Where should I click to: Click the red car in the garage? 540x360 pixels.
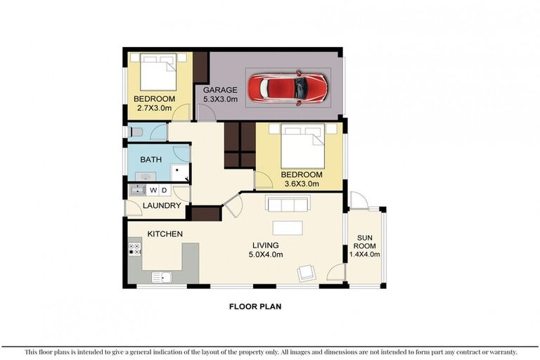[x=293, y=88]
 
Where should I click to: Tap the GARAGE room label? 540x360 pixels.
[x=220, y=91]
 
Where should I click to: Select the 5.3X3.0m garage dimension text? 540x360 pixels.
[x=220, y=101]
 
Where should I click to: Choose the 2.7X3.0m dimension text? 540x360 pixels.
[x=154, y=109]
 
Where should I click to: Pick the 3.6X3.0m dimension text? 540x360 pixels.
[x=301, y=184]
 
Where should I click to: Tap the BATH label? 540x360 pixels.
[x=150, y=160]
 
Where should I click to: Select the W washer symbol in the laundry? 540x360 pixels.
[x=153, y=191]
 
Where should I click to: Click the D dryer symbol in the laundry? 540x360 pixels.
[x=164, y=191]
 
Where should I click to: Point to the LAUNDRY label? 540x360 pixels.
[x=162, y=206]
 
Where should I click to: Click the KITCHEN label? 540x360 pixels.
[x=165, y=233]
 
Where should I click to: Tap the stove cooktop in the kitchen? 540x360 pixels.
[x=134, y=249]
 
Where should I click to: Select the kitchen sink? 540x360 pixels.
[x=161, y=276]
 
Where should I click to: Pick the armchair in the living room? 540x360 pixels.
[x=307, y=273]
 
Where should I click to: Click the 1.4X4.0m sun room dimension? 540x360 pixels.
[x=364, y=255]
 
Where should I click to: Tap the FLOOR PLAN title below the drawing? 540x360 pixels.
[x=256, y=307]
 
